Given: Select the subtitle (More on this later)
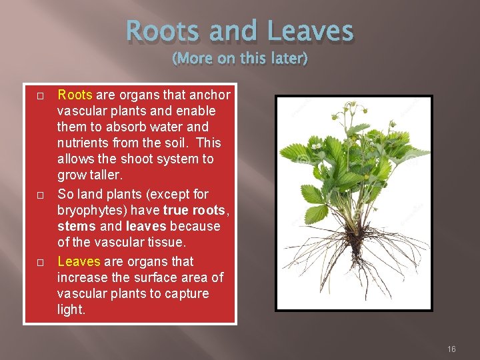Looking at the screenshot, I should click(240, 59).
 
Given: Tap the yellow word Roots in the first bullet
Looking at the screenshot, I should click(75, 95).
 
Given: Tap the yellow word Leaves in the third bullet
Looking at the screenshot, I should click(79, 261).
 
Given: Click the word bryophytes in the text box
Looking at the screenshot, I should click(89, 210).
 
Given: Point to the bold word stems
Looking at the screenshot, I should click(75, 226).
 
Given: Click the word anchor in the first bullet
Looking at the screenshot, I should click(209, 95).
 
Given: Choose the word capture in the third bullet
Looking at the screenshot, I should click(186, 293).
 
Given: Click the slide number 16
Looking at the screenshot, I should click(451, 349).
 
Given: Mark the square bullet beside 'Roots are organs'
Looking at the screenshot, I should click(40, 96).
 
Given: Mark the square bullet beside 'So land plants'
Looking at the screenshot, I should click(40, 195).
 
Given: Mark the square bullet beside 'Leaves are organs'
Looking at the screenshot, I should click(40, 263).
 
